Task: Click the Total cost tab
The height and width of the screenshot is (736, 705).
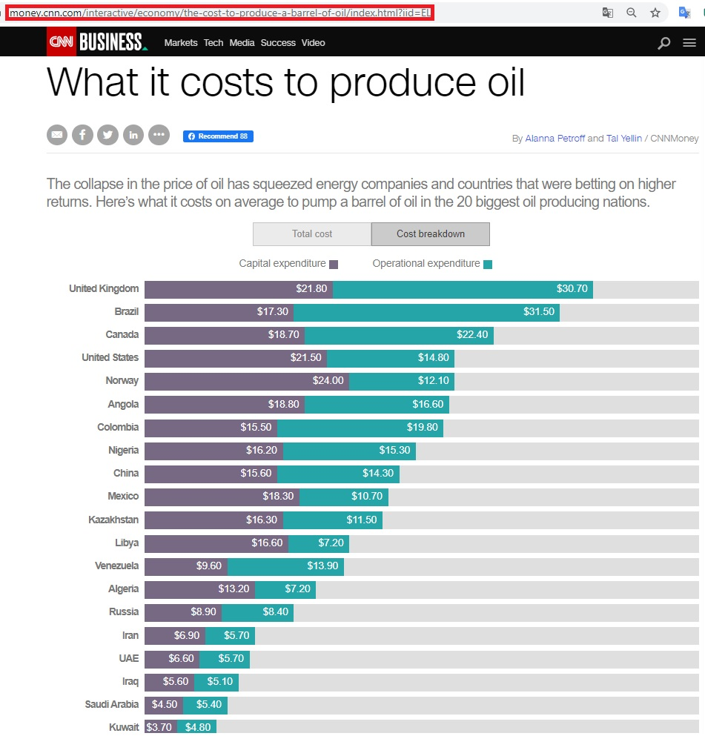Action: (x=311, y=234)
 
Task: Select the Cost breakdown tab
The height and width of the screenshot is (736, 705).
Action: (x=430, y=234)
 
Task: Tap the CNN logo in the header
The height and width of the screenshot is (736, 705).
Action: (x=61, y=42)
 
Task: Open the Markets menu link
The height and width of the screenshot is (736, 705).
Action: (x=181, y=43)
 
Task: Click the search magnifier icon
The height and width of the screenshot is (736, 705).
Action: (x=664, y=43)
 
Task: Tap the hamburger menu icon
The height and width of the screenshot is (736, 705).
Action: (x=689, y=43)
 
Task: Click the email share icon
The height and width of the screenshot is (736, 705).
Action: (x=57, y=135)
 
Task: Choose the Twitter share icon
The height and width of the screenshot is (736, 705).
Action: (x=107, y=135)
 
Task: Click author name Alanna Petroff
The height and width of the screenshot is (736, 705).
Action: (x=555, y=139)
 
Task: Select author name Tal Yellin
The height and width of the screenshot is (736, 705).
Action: (x=624, y=139)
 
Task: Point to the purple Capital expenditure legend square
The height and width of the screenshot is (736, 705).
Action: (x=334, y=265)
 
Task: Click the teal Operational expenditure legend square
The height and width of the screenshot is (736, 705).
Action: (x=487, y=265)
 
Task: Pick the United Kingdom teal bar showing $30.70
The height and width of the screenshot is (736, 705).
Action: (x=463, y=289)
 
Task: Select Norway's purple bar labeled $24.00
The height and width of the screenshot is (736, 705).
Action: (x=246, y=381)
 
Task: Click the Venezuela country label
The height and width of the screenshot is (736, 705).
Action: (x=116, y=566)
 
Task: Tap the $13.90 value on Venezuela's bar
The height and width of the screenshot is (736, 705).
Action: (x=322, y=566)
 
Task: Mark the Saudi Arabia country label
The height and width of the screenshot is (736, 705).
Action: (x=111, y=705)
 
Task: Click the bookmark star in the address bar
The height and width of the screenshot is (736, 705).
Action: (x=655, y=13)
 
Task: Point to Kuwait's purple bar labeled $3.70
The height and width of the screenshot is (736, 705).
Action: (x=160, y=727)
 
